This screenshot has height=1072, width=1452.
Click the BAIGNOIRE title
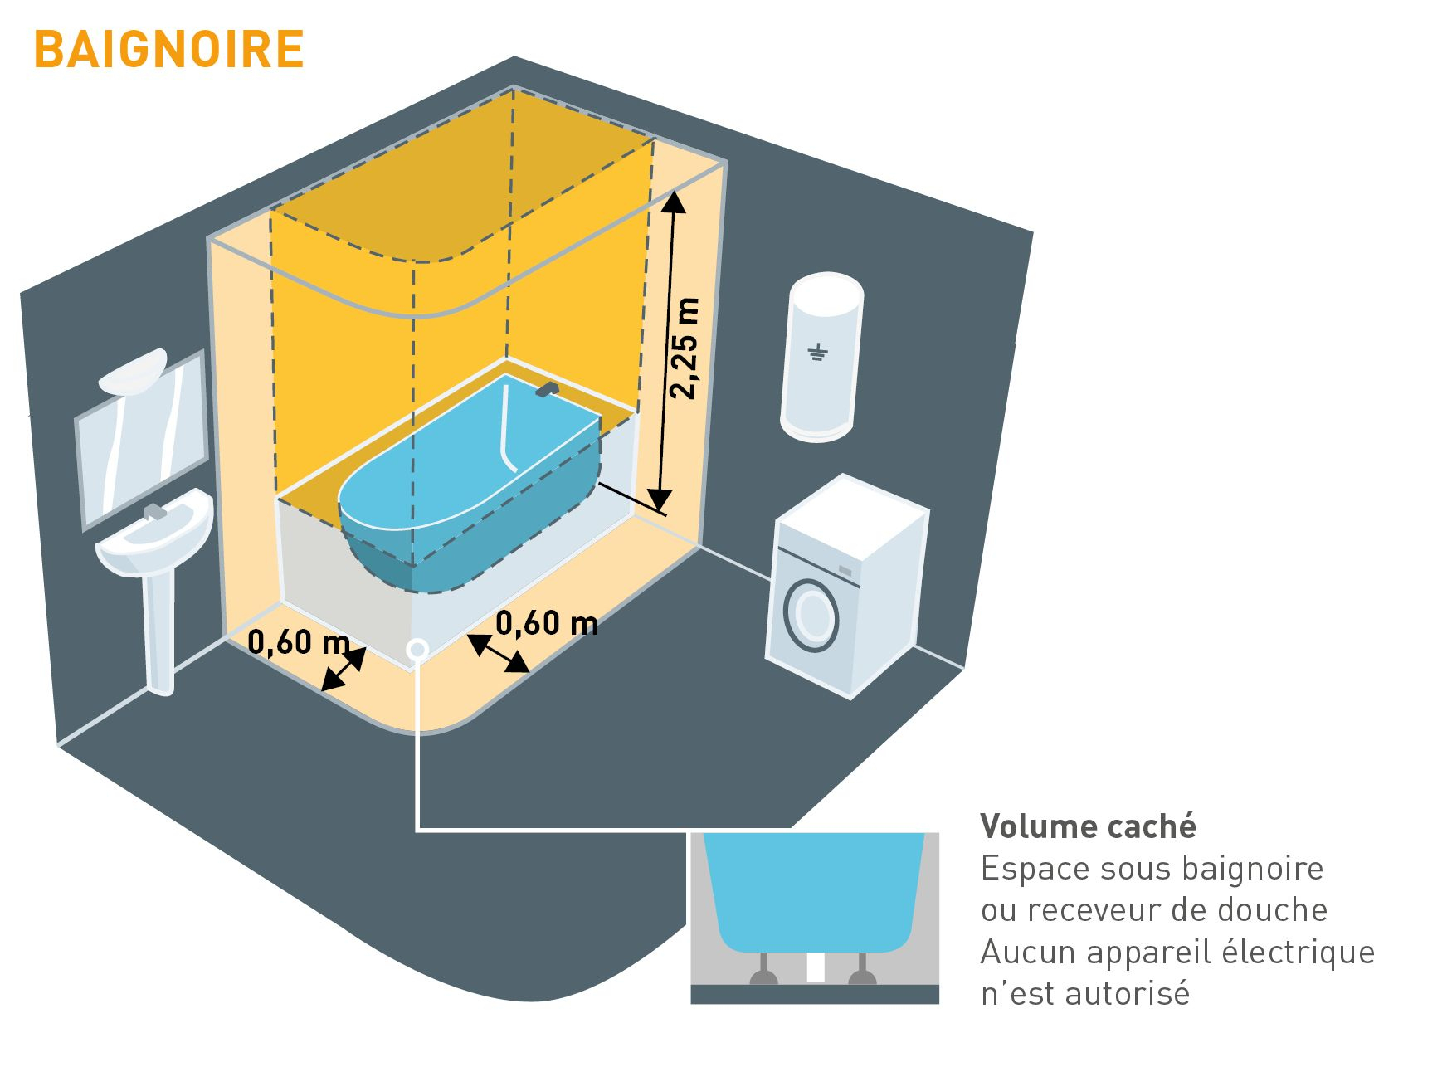(x=169, y=50)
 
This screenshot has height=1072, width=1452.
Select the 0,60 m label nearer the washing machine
(x=547, y=622)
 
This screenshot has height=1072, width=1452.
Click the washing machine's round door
(x=812, y=616)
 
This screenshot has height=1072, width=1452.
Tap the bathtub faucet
(x=546, y=388)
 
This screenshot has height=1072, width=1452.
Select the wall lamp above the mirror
(x=133, y=371)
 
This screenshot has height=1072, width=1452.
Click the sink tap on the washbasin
(x=155, y=511)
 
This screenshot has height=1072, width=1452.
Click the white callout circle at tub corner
(x=417, y=649)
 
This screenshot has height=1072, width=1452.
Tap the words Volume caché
(x=1088, y=826)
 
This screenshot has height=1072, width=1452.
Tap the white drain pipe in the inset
(x=815, y=967)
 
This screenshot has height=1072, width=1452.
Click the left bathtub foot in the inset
(x=764, y=970)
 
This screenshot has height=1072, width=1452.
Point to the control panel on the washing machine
(x=845, y=571)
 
